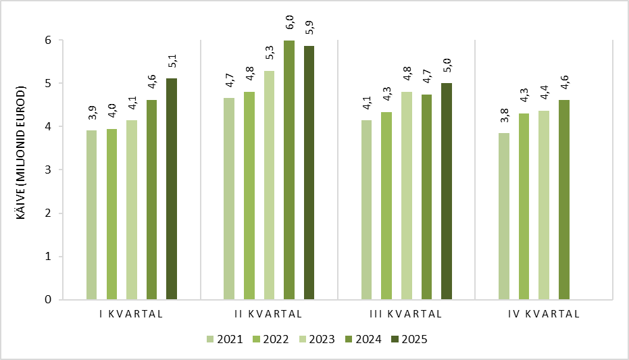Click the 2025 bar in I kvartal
coord(172,189)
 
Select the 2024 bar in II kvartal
coord(289,170)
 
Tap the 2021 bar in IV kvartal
coord(504,216)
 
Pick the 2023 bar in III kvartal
coord(406,196)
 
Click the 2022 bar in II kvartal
coord(249,196)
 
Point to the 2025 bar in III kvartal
coord(447,191)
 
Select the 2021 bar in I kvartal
coord(91,215)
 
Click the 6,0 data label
coord(290,23)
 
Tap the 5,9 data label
coord(309,28)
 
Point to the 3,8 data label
coord(505,115)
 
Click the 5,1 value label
coord(172,61)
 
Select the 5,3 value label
coord(270,53)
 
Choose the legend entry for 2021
coord(224,339)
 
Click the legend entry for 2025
coord(409,339)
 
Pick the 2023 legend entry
coord(317,339)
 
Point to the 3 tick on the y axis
coord(48,170)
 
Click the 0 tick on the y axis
coord(48,299)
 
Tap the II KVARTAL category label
coord(268,314)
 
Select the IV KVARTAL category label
coord(544,314)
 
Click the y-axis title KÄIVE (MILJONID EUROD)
coord(21,153)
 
